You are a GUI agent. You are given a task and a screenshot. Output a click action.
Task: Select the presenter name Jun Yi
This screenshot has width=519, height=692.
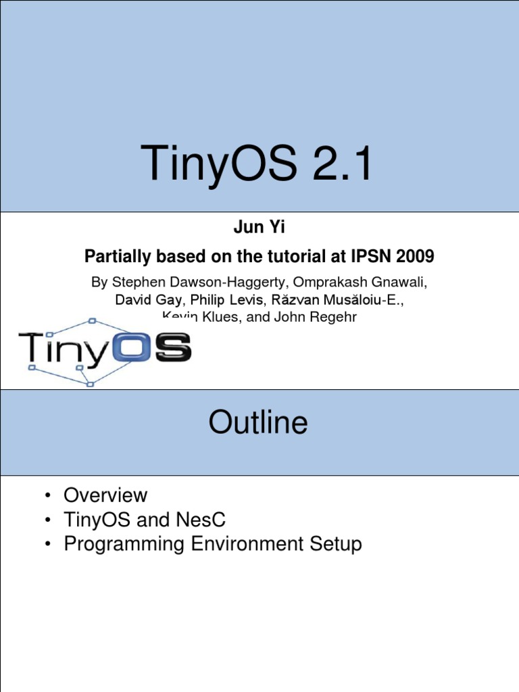[259, 228]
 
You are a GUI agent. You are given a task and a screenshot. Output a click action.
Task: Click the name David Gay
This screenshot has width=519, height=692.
[149, 299]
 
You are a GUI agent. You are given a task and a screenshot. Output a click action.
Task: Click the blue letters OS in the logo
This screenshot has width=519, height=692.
[158, 349]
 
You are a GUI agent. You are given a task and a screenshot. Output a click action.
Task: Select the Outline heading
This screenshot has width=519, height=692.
[258, 423]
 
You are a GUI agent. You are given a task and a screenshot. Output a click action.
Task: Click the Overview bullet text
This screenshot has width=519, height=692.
[105, 495]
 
